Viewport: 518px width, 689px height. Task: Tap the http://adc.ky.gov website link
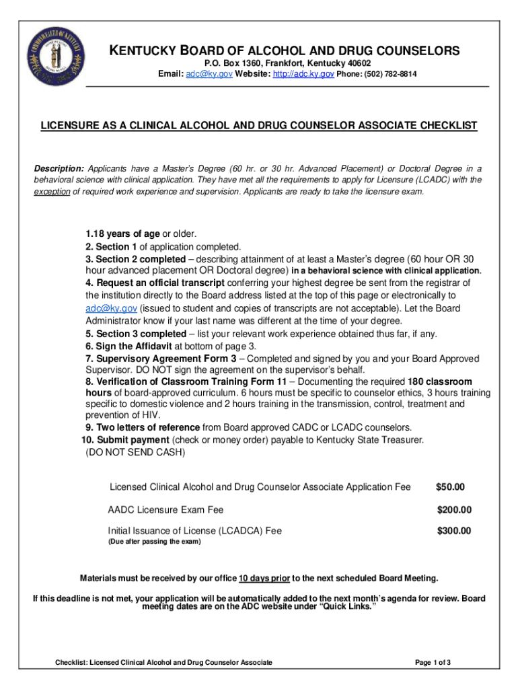[303, 73]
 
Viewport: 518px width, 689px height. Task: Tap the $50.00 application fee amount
[450, 486]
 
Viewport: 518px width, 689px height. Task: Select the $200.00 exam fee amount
[454, 509]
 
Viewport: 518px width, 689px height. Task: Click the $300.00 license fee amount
[454, 531]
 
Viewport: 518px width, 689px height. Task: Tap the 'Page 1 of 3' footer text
[433, 663]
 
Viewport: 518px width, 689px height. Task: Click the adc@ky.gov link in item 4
[111, 308]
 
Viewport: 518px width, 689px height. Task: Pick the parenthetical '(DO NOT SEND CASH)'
[135, 453]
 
